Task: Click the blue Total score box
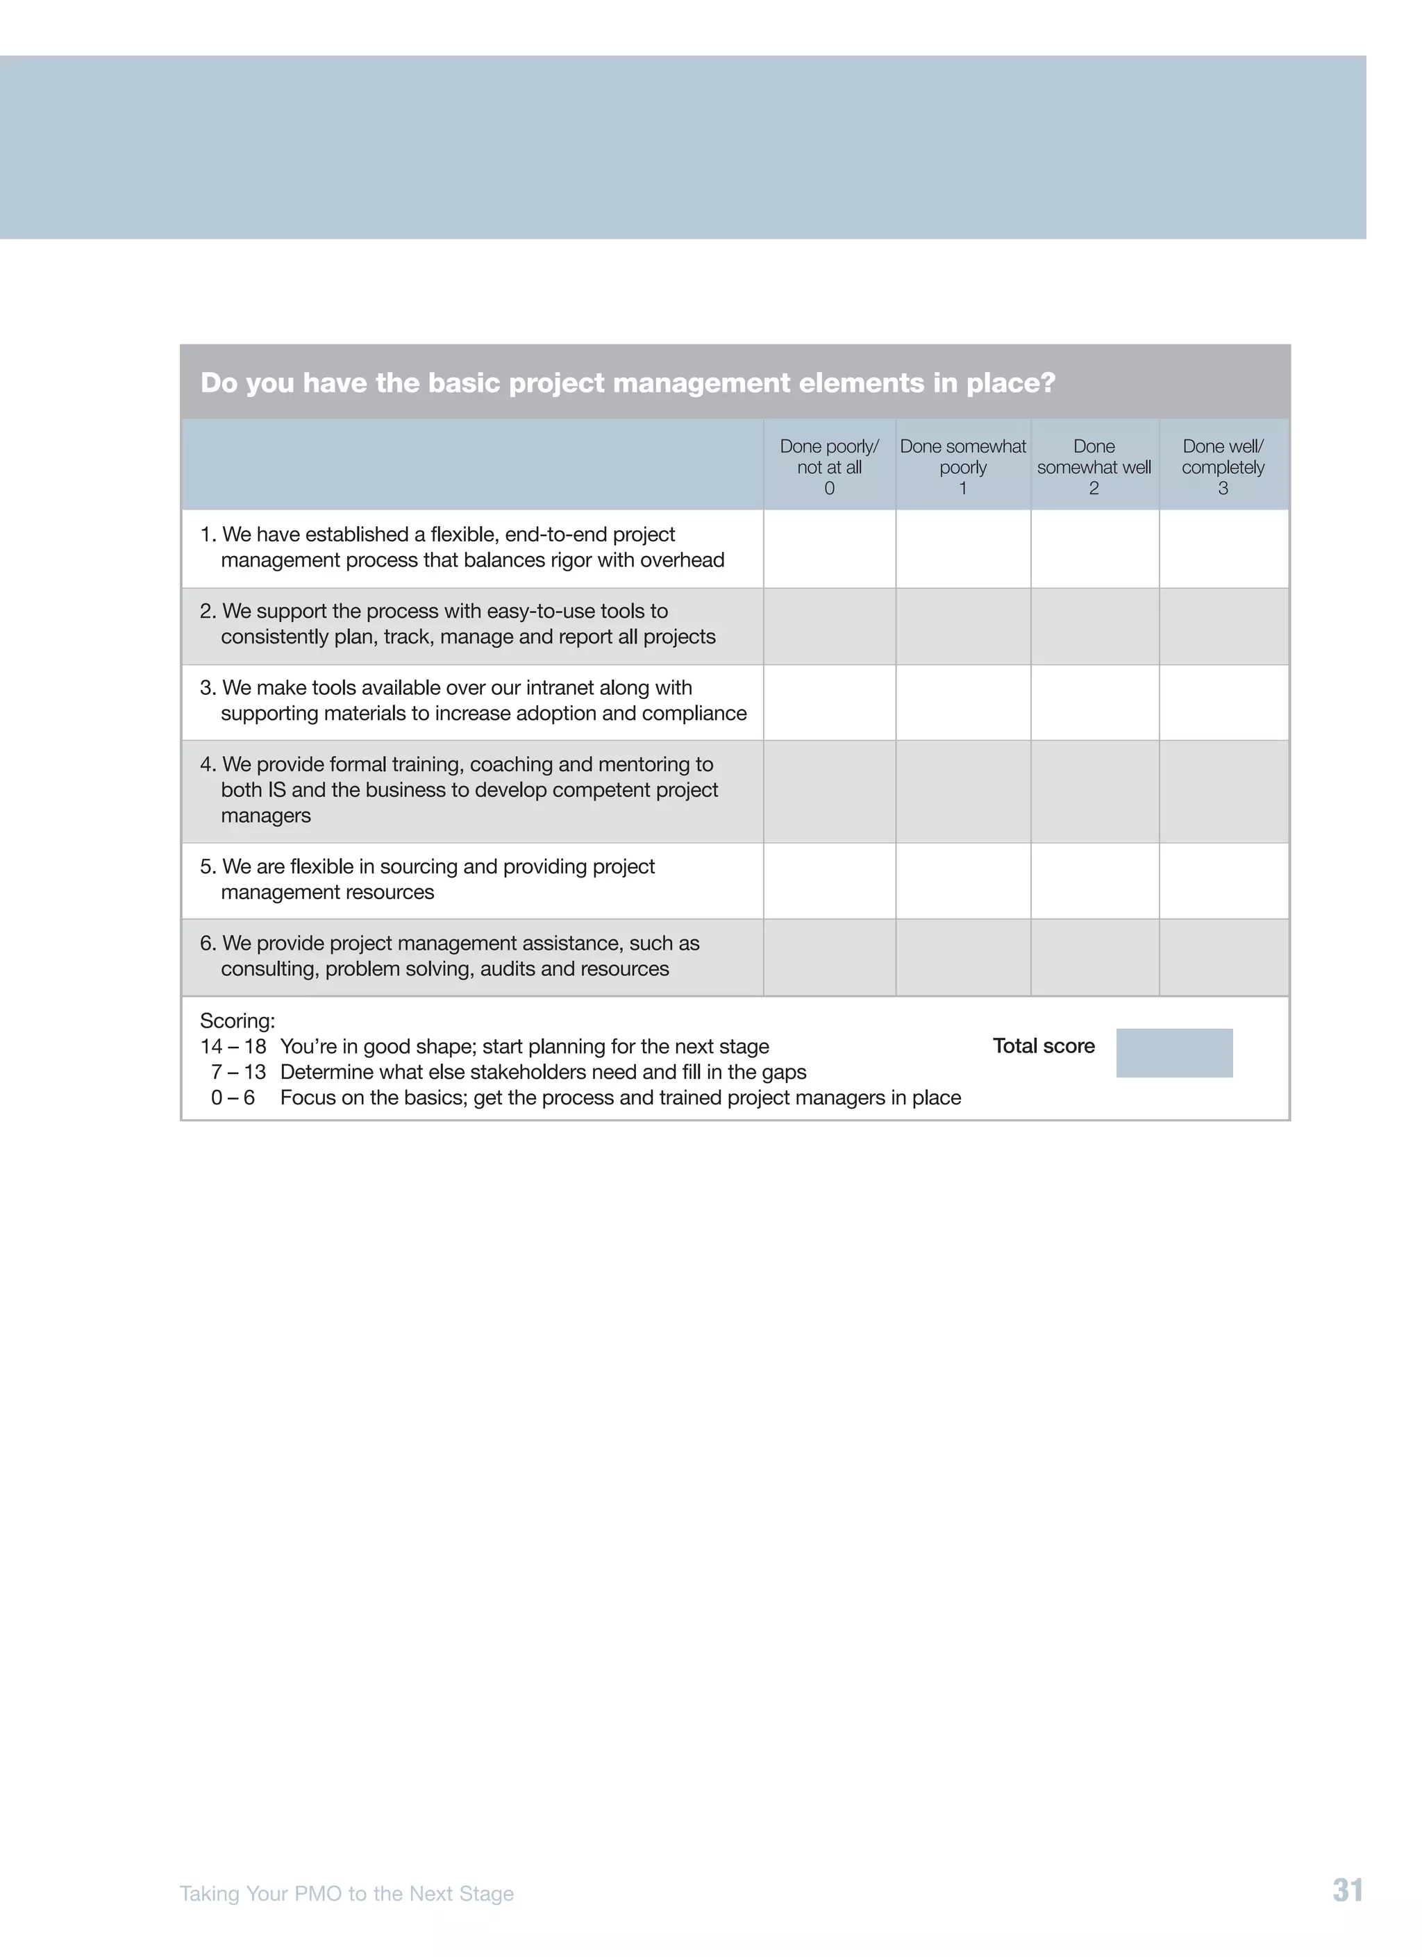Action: pos(1173,1052)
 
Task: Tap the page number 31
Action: pos(1347,1890)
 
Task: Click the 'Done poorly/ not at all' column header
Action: pos(828,466)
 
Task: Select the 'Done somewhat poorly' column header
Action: pos(963,466)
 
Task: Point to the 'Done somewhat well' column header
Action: pos(1094,466)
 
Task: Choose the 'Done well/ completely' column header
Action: pos(1223,466)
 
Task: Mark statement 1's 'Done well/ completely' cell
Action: pos(1223,549)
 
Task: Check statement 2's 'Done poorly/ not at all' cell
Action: pos(829,626)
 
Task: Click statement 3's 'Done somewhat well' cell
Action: pos(1094,703)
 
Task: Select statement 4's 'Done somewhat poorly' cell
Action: pos(963,791)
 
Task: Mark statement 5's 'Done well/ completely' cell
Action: pos(1223,881)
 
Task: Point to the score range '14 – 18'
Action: pos(233,1047)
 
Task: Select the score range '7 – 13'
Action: pos(238,1073)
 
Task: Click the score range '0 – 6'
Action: pos(233,1098)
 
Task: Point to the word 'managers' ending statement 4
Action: pos(266,816)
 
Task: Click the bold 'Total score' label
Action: pos(1043,1045)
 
